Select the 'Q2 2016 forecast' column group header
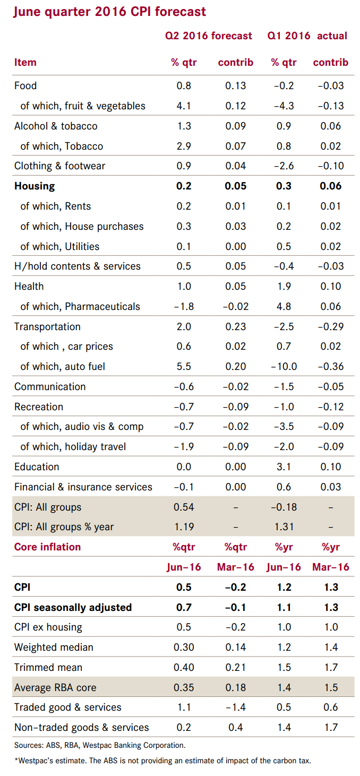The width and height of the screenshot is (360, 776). [x=209, y=36]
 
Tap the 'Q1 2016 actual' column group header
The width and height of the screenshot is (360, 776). [x=307, y=36]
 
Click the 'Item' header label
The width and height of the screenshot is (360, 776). [x=25, y=62]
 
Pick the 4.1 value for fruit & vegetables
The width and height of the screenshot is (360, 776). [x=184, y=106]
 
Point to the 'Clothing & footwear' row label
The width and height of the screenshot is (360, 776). [x=60, y=166]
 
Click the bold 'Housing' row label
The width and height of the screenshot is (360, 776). [x=35, y=186]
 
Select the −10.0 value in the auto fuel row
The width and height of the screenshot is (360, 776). [x=284, y=366]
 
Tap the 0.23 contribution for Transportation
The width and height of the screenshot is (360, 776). [x=235, y=326]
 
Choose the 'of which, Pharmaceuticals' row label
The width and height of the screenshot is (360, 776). [x=80, y=306]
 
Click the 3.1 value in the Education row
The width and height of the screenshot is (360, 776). [x=284, y=467]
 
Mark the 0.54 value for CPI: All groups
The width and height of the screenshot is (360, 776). [x=184, y=507]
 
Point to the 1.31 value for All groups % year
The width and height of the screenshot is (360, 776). [x=284, y=527]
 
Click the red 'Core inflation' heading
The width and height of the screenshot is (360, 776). [x=48, y=547]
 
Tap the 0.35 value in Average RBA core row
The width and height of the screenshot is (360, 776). [x=184, y=687]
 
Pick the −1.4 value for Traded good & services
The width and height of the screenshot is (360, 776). [x=235, y=707]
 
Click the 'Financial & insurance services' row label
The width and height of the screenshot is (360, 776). [x=83, y=487]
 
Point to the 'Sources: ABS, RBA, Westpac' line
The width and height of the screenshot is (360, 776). [x=100, y=745]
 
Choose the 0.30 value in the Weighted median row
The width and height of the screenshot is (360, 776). [x=184, y=647]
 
